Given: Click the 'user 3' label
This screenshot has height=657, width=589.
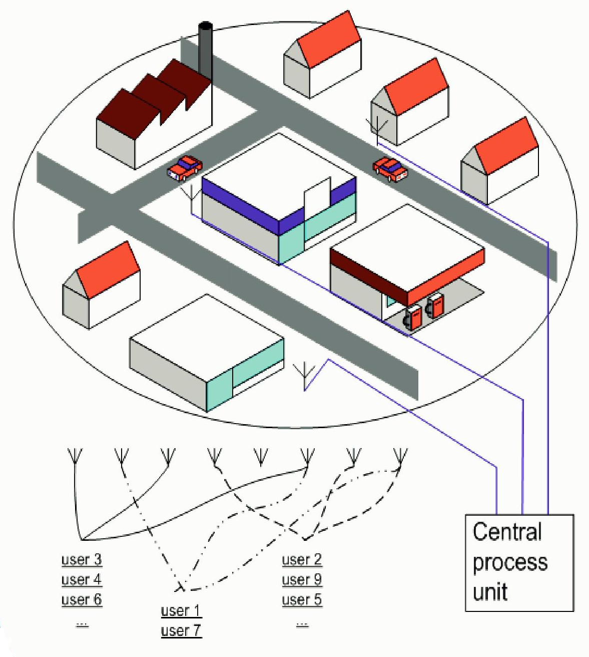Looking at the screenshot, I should point(82,559).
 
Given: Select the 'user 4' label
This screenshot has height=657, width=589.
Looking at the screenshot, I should point(82,579).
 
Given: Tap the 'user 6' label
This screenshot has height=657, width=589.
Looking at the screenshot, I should point(82,599).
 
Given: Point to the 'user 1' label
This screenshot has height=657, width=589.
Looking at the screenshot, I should point(181,611).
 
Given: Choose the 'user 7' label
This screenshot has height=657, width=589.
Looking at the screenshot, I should point(181,630).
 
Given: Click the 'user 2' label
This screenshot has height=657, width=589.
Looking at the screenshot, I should point(302,559).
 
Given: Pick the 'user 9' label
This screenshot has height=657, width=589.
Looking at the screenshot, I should point(302,579).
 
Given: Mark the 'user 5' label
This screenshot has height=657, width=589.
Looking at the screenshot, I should point(302,599).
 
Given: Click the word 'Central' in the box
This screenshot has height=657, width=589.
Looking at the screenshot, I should point(507,532).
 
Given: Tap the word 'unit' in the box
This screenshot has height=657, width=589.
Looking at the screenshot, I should point(490,591).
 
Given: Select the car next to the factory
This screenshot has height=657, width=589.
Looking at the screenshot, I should point(185,167).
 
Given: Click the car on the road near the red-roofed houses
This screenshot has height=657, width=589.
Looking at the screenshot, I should point(390,169).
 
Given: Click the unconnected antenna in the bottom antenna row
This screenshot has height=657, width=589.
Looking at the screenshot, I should point(261,457).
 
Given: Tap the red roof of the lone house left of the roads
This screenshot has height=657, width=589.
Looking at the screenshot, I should point(108,270).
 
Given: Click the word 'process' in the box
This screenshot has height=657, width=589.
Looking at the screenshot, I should point(510,562).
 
